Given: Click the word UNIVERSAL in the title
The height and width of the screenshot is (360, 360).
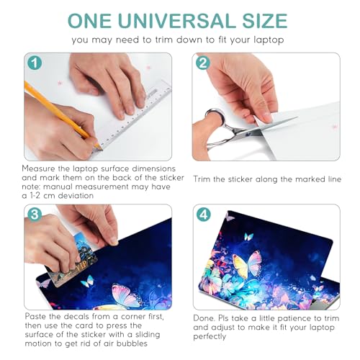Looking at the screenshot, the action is pos(177,21).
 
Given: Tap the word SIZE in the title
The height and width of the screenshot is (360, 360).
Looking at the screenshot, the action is pos(265,21).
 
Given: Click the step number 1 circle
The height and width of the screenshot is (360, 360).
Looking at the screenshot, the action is pos(35,63).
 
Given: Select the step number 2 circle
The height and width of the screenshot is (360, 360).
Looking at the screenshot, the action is pos(203,63).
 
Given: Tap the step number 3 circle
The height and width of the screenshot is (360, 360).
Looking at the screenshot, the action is pos(35,215).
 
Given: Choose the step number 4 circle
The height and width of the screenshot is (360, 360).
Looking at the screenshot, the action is pos(204,215).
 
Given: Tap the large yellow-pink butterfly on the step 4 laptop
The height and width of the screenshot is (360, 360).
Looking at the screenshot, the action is pos(247,264).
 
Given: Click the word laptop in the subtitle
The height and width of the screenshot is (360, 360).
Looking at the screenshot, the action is pos(269,40).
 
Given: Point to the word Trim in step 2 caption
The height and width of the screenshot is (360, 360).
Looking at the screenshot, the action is pos(202,179).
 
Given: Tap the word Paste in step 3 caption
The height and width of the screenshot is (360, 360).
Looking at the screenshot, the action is pos(36,316).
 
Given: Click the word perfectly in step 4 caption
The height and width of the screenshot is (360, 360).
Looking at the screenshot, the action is pos(210,336).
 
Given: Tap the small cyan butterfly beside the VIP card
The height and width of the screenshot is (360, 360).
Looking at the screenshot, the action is pos(87,281).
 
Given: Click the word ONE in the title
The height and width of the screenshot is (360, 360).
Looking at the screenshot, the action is pos(90,21).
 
